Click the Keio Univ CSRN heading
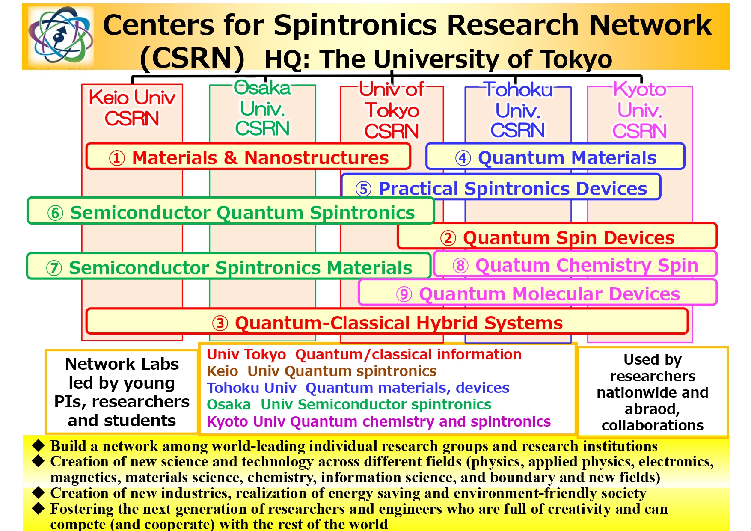click(132, 108)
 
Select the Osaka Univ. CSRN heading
click(262, 108)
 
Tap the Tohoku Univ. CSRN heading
click(518, 110)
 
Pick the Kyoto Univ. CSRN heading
click(640, 110)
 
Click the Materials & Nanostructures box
click(248, 157)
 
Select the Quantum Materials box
click(555, 157)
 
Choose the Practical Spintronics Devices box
click(501, 187)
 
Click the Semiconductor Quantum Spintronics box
click(231, 211)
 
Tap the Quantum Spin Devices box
click(557, 236)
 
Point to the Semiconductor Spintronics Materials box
click(229, 266)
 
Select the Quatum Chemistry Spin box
click(575, 264)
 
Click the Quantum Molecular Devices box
click(538, 292)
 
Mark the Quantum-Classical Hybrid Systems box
click(387, 321)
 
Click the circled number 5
click(363, 189)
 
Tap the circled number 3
click(220, 323)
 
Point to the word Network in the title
click(650, 24)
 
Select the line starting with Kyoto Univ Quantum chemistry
click(379, 421)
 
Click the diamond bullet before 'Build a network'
click(39, 445)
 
